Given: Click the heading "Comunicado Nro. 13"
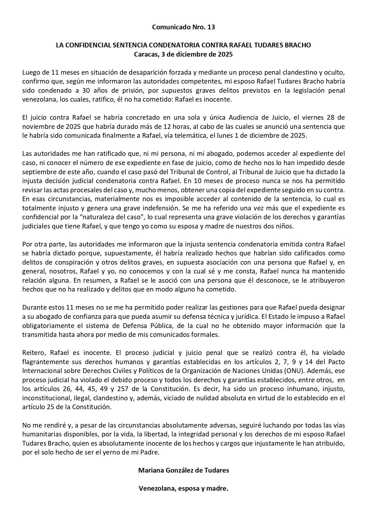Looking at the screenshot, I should click(x=183, y=27).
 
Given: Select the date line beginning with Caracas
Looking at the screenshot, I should click(x=183, y=55).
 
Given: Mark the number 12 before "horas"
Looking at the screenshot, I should click(x=166, y=127).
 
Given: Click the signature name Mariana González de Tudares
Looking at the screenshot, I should click(x=183, y=470).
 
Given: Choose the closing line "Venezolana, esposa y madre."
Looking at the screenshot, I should click(x=183, y=488).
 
